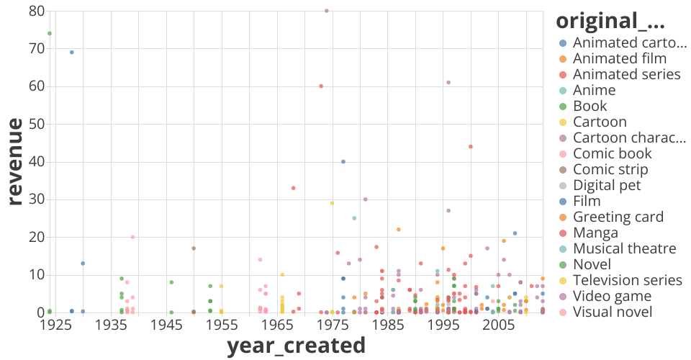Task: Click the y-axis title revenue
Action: click(16, 162)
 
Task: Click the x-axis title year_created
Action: click(296, 346)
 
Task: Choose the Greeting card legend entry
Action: click(618, 217)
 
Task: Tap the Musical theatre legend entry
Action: click(624, 248)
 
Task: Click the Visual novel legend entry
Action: click(613, 312)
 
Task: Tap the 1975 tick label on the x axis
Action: click(333, 325)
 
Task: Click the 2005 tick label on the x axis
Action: click(499, 325)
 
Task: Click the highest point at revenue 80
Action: click(327, 11)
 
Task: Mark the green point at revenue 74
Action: click(50, 33)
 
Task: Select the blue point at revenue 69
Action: click(72, 52)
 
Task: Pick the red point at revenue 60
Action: click(321, 86)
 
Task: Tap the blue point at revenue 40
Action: click(343, 162)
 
